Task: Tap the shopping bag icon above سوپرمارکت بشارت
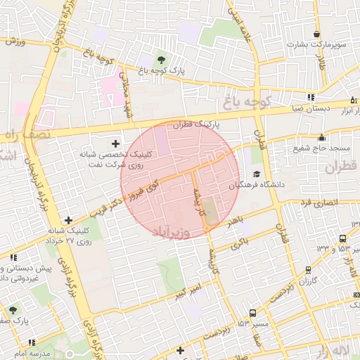(317, 34)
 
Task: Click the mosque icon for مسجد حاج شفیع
(322, 138)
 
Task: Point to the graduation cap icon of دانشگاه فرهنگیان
(257, 174)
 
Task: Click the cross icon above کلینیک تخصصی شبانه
(116, 143)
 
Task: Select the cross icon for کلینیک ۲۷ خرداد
(68, 220)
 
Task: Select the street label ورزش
(15, 41)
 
